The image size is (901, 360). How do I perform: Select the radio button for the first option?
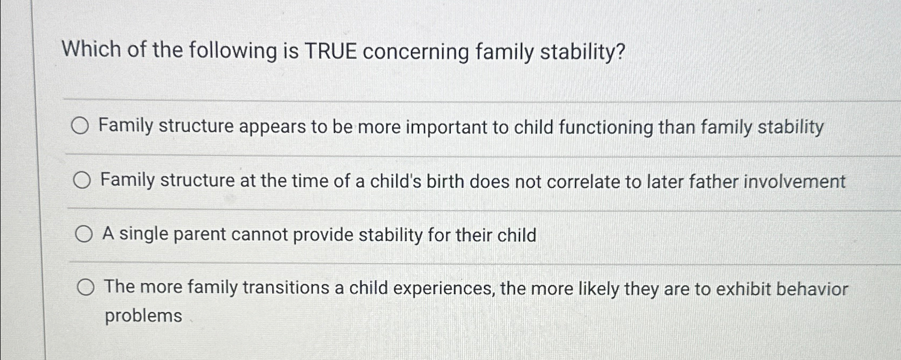tap(80, 127)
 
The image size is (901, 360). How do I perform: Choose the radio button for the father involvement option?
tap(82, 181)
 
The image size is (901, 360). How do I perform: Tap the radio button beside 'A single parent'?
tap(83, 234)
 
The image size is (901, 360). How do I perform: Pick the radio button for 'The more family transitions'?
tap(85, 288)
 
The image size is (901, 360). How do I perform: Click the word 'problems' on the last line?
tap(143, 316)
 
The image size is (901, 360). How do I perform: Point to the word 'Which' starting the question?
tap(91, 50)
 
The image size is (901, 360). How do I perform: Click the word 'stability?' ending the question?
tap(582, 52)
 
